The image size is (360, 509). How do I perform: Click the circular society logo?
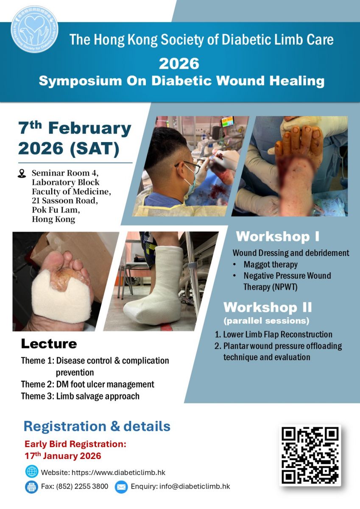pyautogui.click(x=34, y=30)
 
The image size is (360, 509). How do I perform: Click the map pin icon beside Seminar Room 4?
pyautogui.click(x=22, y=173)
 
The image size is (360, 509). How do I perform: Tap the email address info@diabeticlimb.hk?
pyautogui.click(x=195, y=487)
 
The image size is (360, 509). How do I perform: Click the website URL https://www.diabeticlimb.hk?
pyautogui.click(x=119, y=473)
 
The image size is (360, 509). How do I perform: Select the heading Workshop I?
pyautogui.click(x=278, y=237)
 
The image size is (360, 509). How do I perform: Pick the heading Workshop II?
pyautogui.click(x=268, y=307)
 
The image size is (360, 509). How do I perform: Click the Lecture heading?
pyautogui.click(x=49, y=344)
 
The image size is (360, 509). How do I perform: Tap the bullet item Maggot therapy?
pyautogui.click(x=271, y=264)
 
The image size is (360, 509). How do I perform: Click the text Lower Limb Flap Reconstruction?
pyautogui.click(x=278, y=334)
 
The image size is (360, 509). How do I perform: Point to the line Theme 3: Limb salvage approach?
pyautogui.click(x=80, y=396)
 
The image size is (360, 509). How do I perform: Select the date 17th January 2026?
pyautogui.click(x=63, y=456)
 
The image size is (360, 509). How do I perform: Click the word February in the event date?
pyautogui.click(x=90, y=129)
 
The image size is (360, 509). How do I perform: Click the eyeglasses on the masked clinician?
pyautogui.click(x=188, y=166)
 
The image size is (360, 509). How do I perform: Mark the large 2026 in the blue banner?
pyautogui.click(x=179, y=64)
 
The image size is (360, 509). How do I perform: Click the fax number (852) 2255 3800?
pyautogui.click(x=82, y=487)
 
